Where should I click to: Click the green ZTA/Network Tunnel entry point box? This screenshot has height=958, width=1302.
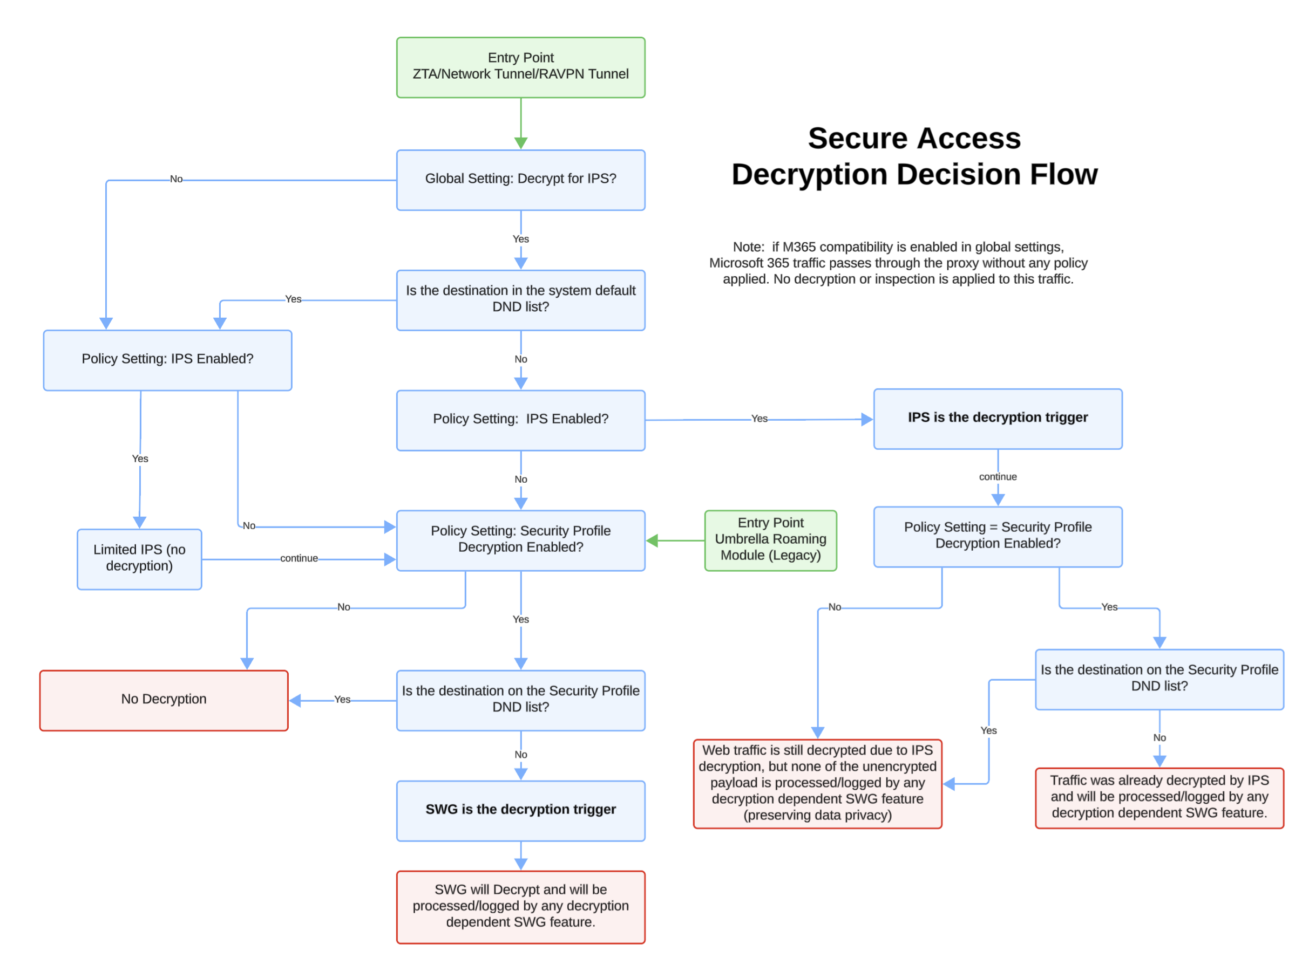[x=520, y=67]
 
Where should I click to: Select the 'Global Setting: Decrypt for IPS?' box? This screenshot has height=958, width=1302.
[x=520, y=180]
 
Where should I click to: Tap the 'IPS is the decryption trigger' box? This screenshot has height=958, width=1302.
[x=998, y=418]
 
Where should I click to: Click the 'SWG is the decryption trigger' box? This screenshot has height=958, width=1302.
[x=520, y=810]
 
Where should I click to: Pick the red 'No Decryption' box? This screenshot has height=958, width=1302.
[x=164, y=700]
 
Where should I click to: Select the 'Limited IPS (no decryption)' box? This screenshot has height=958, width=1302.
[x=139, y=559]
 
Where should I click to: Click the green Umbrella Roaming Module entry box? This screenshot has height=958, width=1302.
[x=770, y=540]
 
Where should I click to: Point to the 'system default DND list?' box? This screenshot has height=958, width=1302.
[x=520, y=300]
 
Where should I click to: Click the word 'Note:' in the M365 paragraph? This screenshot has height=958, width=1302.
[x=748, y=247]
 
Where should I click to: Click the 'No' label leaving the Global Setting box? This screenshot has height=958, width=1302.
[x=176, y=179]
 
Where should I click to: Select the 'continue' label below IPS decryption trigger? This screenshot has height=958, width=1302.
[x=998, y=477]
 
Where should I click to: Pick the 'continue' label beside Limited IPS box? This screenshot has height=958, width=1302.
[x=299, y=558]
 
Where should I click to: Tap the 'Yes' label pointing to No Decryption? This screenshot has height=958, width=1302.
[x=342, y=700]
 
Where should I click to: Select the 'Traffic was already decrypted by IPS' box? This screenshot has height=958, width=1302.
[x=1159, y=797]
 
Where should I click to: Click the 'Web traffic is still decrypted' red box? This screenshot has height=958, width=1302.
[x=817, y=783]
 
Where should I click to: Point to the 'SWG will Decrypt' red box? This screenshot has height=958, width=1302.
[x=520, y=906]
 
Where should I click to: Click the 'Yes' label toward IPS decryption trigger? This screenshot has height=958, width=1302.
[x=759, y=419]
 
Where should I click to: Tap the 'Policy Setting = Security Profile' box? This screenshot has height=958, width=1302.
[x=998, y=536]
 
